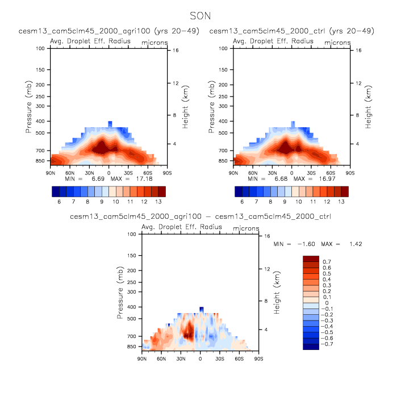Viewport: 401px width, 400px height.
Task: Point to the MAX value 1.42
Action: tap(353, 244)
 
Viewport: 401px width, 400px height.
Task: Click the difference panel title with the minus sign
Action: tap(200, 216)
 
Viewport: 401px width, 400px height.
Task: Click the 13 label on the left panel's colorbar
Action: tap(158, 202)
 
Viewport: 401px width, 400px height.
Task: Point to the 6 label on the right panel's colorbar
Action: tap(242, 202)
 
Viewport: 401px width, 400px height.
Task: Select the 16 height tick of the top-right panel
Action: tap(359, 51)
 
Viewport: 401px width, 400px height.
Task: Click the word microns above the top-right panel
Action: tap(337, 43)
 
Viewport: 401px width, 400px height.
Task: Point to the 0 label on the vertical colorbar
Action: tap(326, 303)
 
